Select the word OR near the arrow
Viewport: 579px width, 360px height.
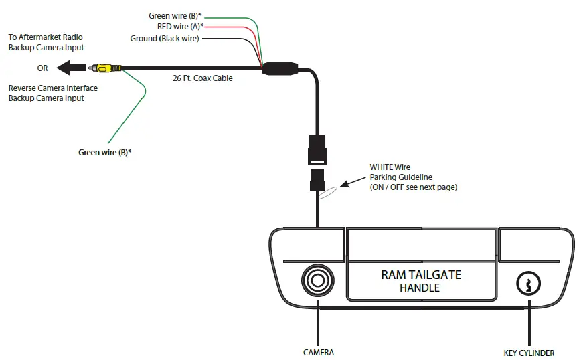tap(43, 68)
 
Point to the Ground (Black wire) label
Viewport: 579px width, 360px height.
tap(165, 39)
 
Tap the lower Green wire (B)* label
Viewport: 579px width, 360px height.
tap(105, 152)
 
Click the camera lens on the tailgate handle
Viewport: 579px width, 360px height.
tap(317, 280)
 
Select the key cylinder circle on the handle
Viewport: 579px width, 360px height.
tap(528, 284)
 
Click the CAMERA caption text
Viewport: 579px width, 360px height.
tap(319, 352)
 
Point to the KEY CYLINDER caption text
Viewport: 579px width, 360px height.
tap(529, 353)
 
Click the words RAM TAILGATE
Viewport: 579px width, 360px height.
tap(421, 274)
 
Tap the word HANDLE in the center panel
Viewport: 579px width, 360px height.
tap(420, 288)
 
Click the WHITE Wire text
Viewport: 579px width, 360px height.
tap(390, 167)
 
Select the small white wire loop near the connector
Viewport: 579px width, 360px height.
tap(327, 193)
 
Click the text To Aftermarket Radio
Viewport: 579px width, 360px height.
tap(46, 37)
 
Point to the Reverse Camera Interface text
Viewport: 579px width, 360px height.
tap(53, 88)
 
